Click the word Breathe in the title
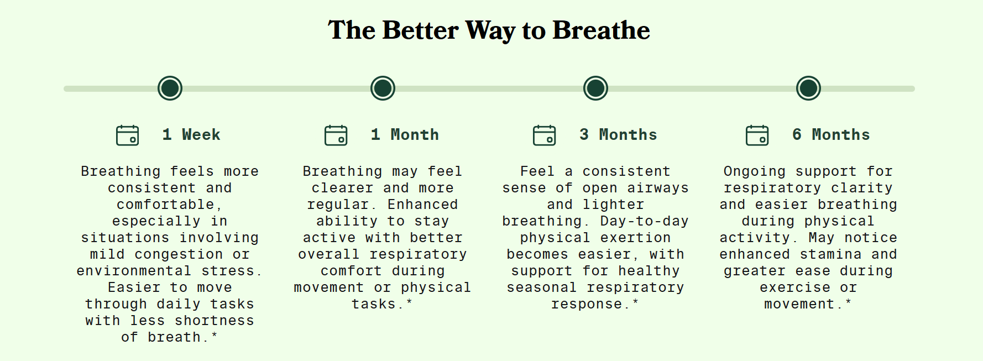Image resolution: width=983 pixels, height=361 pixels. pyautogui.click(x=601, y=30)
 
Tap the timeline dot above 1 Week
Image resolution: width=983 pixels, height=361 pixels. pyautogui.click(x=170, y=88)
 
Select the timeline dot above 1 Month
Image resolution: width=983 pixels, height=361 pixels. pyautogui.click(x=383, y=88)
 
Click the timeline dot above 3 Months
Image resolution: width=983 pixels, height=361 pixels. pyautogui.click(x=595, y=88)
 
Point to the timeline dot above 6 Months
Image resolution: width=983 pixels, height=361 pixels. pyautogui.click(x=808, y=88)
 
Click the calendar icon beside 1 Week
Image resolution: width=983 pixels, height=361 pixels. pyautogui.click(x=128, y=135)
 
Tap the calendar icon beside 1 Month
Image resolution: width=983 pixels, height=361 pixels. pyautogui.click(x=336, y=135)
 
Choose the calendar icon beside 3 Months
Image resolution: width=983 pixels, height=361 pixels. pyautogui.click(x=545, y=135)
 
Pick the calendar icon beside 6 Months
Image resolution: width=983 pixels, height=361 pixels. pyautogui.click(x=757, y=135)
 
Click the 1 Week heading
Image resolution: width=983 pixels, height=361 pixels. pyautogui.click(x=191, y=135)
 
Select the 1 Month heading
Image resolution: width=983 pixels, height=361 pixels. pyautogui.click(x=405, y=135)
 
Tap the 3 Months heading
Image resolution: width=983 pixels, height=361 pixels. pyautogui.click(x=618, y=135)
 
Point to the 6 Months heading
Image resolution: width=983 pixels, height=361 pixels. pyautogui.click(x=831, y=135)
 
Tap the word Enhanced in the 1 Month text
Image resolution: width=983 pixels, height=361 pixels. pyautogui.click(x=422, y=205)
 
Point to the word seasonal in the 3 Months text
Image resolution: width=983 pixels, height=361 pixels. pyautogui.click(x=542, y=287)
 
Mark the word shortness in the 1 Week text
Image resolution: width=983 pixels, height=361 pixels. pyautogui.click(x=214, y=321)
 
